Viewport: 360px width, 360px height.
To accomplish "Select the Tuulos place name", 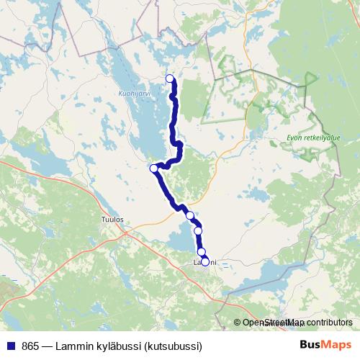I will tap(114, 219).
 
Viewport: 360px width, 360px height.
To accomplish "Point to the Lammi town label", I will tap(205, 264).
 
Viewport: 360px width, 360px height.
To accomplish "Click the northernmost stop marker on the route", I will tap(170, 78).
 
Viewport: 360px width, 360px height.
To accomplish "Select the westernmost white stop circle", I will tap(153, 168).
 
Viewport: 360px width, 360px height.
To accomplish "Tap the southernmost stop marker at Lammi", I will tap(205, 262).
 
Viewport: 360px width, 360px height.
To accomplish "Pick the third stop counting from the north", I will tap(190, 215).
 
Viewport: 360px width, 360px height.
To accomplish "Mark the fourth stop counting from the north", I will tap(198, 230).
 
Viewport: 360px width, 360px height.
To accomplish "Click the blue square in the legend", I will tap(11, 344).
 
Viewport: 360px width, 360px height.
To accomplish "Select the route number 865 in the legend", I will tap(31, 344).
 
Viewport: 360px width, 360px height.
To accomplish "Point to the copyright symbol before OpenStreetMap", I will tap(237, 323).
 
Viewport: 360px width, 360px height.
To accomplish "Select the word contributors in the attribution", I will tap(329, 323).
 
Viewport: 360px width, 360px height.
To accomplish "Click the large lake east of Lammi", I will tap(270, 273).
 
